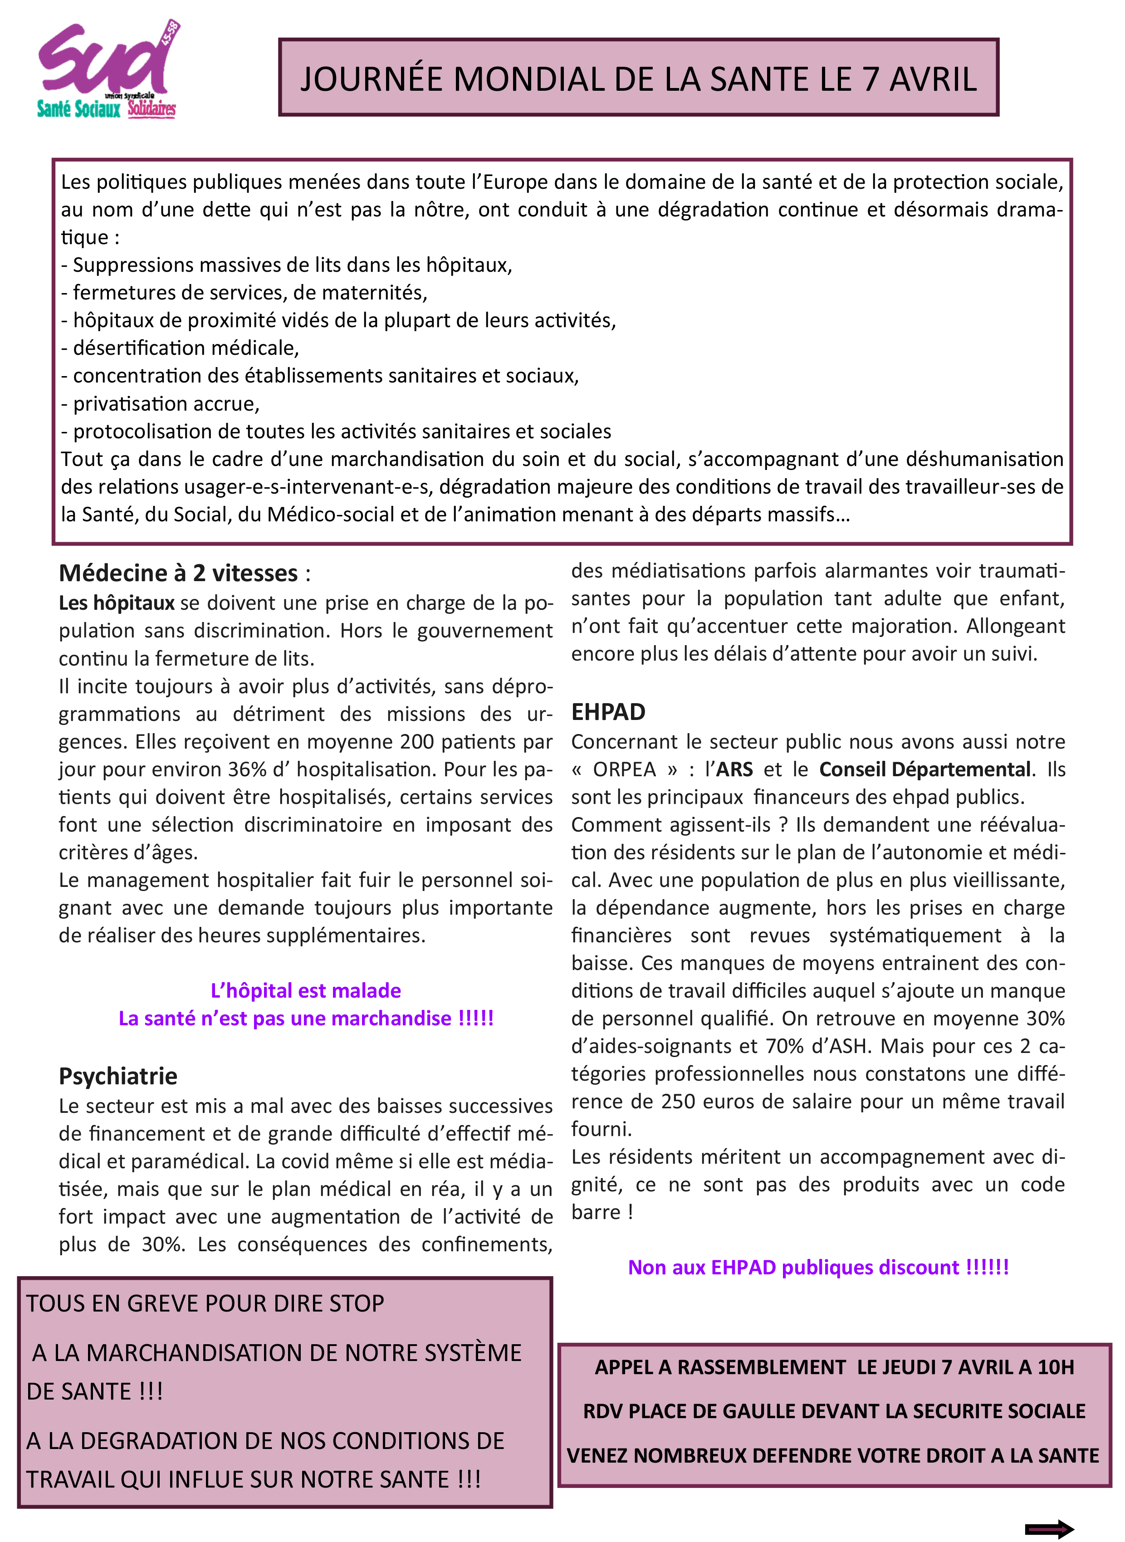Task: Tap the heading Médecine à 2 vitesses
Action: click(178, 573)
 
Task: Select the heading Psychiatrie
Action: click(118, 1076)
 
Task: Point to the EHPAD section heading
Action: click(608, 712)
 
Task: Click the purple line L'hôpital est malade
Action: click(306, 990)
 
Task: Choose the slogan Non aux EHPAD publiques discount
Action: click(818, 1268)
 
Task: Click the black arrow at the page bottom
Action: click(1049, 1529)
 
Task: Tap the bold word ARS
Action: click(734, 769)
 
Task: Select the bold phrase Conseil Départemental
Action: click(924, 769)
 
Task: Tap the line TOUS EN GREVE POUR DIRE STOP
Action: click(205, 1304)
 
